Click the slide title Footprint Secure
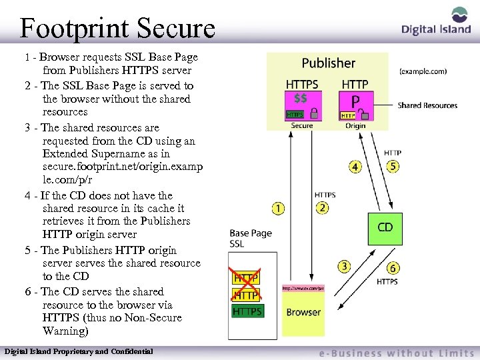[117, 28]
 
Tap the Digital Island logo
[437, 23]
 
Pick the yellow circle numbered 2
[323, 209]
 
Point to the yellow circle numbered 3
[344, 267]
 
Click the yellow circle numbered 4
[355, 167]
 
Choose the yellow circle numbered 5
[393, 167]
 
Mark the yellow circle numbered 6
[393, 268]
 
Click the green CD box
[385, 228]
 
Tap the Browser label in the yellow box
[303, 312]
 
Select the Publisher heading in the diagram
[328, 63]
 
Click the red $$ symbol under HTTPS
[301, 98]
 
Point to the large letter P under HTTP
[355, 101]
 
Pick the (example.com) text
[423, 71]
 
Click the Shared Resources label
[427, 105]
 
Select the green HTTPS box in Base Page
[247, 311]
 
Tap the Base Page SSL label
[251, 239]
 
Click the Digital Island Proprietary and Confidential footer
[79, 351]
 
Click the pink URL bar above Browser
[303, 289]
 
